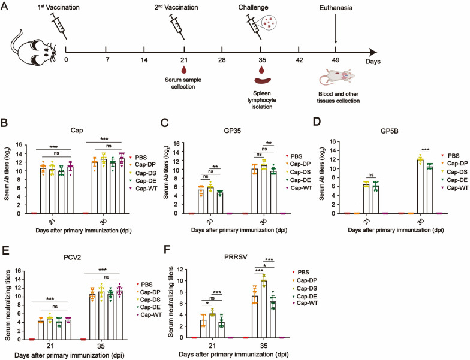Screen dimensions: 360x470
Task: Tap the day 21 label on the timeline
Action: tap(183, 61)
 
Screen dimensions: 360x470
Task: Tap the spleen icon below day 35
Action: tap(260, 82)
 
